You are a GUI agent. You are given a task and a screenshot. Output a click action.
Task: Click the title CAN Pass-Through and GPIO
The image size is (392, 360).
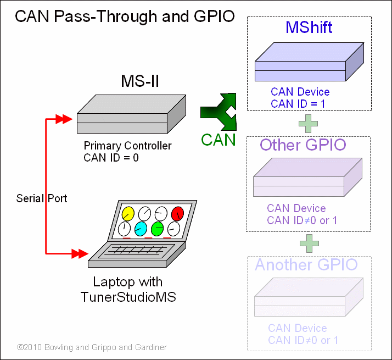coord(125,16)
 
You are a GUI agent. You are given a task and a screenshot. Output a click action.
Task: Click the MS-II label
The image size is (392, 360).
coord(140,81)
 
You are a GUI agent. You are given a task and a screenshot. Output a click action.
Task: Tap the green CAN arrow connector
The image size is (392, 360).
coord(218,112)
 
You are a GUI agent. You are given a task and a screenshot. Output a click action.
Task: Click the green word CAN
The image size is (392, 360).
coord(218,140)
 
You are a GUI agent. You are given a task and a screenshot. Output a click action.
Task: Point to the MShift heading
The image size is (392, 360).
coord(309,27)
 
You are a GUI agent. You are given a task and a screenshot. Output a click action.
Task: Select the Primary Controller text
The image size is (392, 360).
coord(127,146)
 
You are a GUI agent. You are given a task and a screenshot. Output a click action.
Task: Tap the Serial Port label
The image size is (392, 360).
coord(42,198)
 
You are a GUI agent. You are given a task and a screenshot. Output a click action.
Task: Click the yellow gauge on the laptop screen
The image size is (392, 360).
coord(128,213)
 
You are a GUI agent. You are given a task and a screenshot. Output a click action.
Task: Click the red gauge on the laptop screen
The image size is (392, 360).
coord(177,213)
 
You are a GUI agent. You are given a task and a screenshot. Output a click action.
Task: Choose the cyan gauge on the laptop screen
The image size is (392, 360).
coord(141,228)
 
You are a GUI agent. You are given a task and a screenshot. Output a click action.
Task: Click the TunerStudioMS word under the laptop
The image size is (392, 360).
coord(128,297)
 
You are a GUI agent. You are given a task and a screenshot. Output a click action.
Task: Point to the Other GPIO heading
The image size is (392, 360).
coord(303,145)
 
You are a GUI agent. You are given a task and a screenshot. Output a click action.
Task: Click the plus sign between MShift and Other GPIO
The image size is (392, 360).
coord(309,123)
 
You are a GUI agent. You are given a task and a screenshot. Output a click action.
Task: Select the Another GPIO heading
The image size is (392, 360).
coord(306,265)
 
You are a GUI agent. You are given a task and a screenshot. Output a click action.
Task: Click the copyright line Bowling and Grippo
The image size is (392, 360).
coord(92,347)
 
